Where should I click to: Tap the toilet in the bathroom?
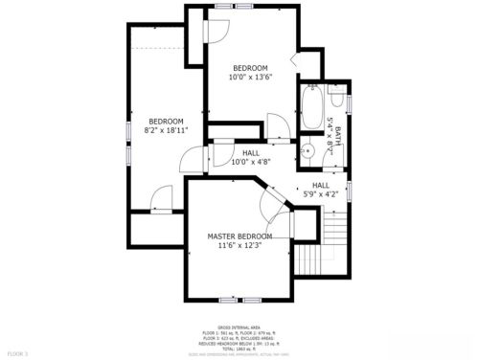[x=336, y=101]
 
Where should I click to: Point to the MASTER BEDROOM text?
[x=240, y=236]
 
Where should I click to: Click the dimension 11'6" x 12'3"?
[x=240, y=245]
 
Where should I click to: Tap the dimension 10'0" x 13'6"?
[x=250, y=78]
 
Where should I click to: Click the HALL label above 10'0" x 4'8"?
[x=250, y=153]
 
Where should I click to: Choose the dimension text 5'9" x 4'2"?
[x=320, y=194]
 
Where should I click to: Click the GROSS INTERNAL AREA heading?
[x=239, y=325]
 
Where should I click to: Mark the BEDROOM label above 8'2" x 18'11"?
[x=166, y=121]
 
